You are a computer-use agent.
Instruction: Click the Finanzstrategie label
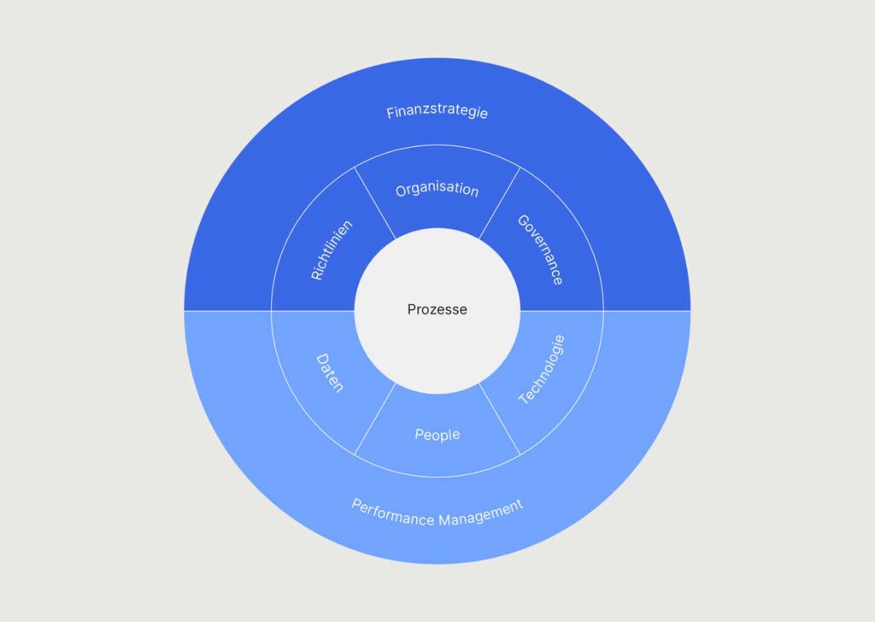437,112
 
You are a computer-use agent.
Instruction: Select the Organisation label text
437,190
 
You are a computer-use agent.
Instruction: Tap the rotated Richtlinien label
332,250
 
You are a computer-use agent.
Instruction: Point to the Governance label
540,250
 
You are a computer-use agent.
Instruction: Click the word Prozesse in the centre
437,309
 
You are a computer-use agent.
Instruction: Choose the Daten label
330,373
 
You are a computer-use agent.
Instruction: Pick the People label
437,434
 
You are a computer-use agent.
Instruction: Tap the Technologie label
542,369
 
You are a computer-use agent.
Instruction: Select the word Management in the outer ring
481,513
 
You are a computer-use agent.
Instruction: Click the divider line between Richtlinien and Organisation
375,202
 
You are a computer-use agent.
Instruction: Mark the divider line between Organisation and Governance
499,202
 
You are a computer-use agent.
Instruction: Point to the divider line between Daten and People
375,419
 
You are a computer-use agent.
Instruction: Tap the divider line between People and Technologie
499,419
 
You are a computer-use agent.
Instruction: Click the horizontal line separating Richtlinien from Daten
313,311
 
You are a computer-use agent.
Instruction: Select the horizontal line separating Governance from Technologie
562,311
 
